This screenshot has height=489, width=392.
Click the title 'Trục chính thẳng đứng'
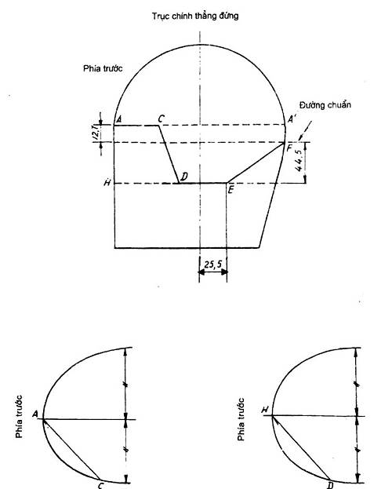click(195, 16)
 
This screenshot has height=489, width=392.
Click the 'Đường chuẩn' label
click(325, 105)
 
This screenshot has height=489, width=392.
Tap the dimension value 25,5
click(213, 265)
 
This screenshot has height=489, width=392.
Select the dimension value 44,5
click(299, 160)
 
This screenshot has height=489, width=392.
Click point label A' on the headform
click(292, 119)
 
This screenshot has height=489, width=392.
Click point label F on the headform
click(289, 148)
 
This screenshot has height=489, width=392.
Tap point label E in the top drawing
click(230, 190)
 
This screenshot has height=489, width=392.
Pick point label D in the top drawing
click(184, 177)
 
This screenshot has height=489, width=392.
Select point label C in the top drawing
click(161, 119)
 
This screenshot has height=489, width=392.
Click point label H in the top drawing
click(107, 182)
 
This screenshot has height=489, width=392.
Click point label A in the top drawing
click(118, 119)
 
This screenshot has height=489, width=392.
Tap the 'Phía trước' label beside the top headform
click(103, 68)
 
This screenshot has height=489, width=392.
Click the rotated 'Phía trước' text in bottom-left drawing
click(19, 416)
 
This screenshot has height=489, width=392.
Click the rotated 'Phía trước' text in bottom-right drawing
click(241, 419)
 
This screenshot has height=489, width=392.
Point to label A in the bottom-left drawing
click(35, 414)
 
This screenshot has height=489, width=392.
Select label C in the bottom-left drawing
click(100, 485)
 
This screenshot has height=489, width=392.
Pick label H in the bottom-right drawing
click(265, 410)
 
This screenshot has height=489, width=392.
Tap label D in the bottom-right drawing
click(330, 485)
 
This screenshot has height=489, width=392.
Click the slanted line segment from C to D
click(169, 155)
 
